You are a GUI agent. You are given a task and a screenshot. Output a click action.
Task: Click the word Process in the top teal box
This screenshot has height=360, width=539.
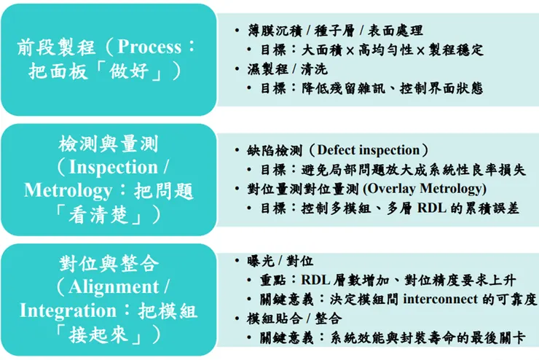tap(149, 47)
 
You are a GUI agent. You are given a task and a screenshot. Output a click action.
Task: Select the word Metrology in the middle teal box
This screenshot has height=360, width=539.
tap(71, 191)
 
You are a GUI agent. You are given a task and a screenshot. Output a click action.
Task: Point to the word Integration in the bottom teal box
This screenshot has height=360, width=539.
tap(68, 310)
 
